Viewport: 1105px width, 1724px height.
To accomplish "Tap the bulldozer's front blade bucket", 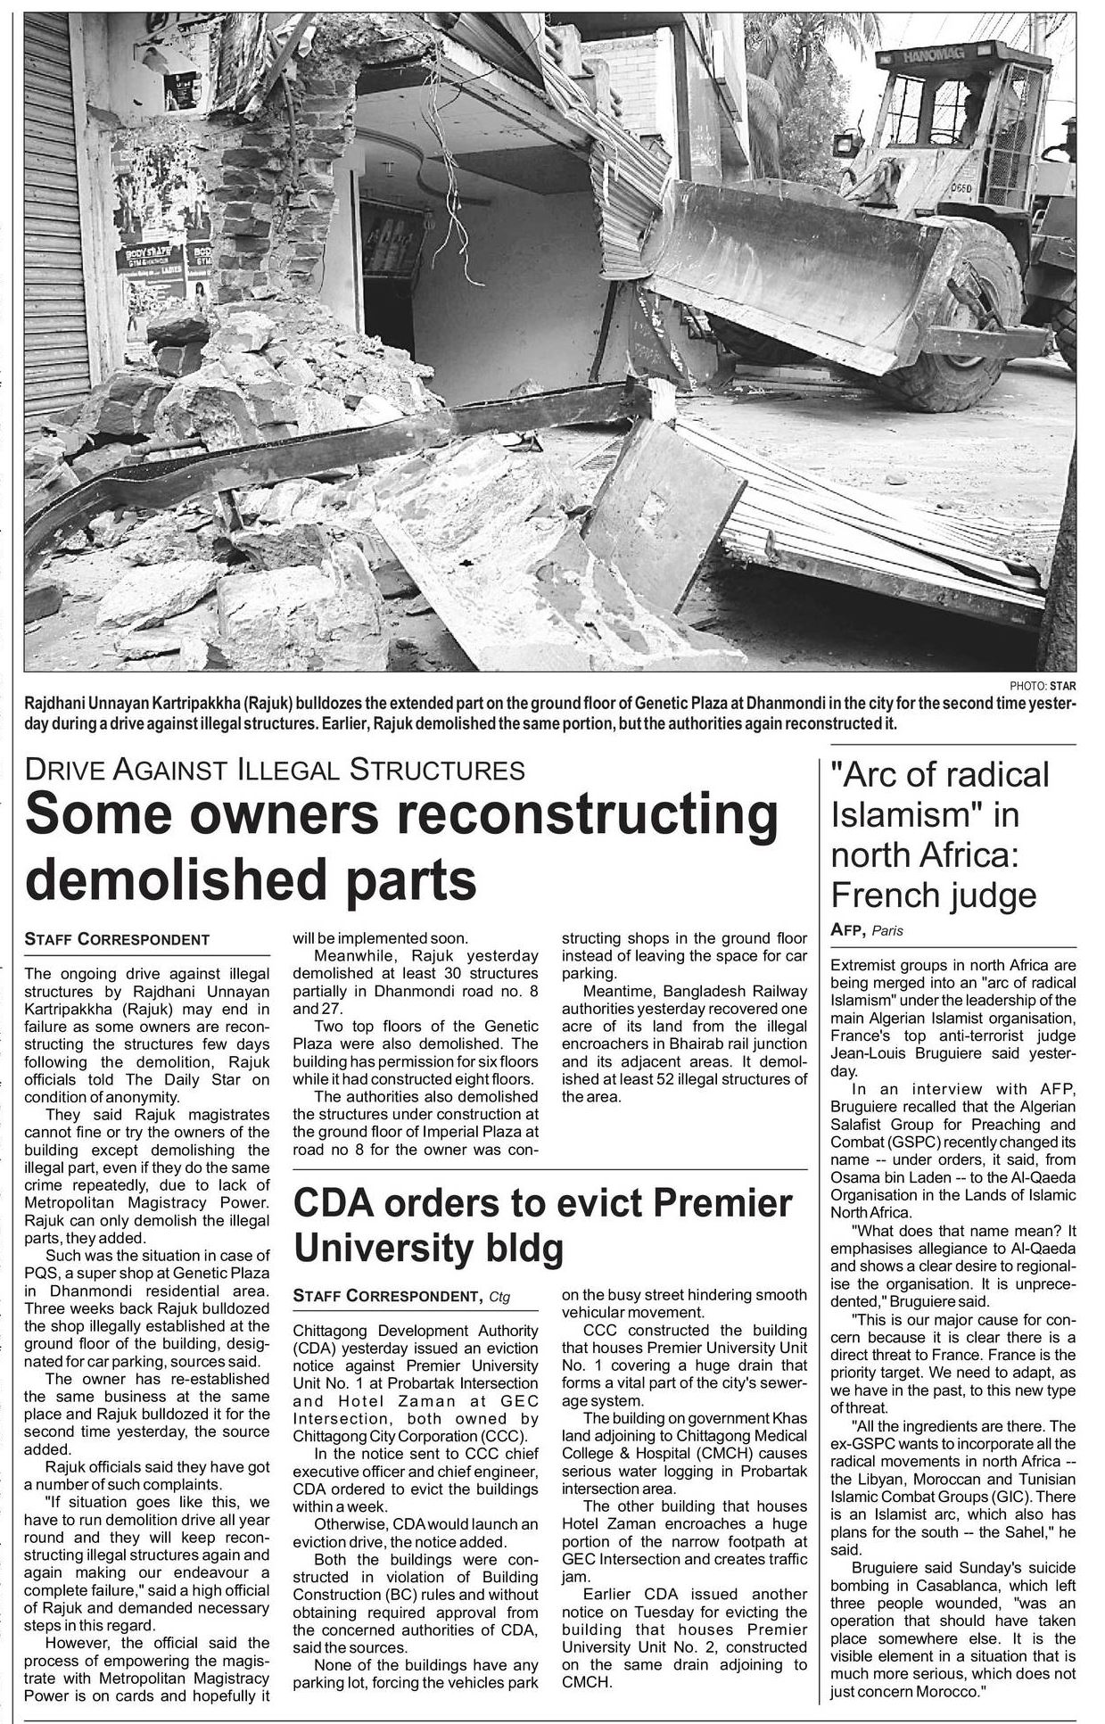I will click(794, 268).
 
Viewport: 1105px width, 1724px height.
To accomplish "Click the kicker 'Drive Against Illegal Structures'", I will click(275, 768).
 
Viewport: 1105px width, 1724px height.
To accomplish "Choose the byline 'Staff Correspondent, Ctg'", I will click(401, 1296).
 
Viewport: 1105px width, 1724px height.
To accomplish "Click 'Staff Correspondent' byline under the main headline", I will click(117, 939).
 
